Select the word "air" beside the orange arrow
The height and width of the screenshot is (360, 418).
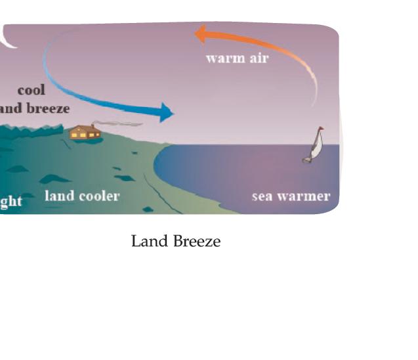(258, 58)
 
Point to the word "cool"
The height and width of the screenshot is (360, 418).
(31, 90)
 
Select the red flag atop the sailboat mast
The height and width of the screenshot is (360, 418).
(321, 129)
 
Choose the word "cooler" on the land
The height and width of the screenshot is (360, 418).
(98, 196)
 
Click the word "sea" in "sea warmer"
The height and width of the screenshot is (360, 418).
(262, 196)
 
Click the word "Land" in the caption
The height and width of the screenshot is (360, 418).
(148, 242)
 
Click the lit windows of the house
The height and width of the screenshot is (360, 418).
(85, 135)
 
